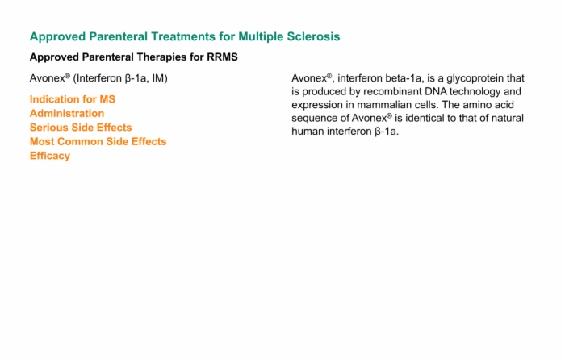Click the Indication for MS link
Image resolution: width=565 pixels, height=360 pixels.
(x=73, y=99)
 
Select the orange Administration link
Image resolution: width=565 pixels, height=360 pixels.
(x=67, y=113)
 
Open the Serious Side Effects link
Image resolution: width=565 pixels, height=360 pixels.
(x=81, y=128)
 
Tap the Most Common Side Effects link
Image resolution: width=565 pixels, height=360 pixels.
(x=98, y=141)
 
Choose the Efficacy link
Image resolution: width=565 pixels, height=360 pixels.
(x=50, y=156)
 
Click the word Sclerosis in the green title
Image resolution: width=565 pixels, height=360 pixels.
(x=313, y=36)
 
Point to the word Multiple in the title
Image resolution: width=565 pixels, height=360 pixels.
(x=261, y=37)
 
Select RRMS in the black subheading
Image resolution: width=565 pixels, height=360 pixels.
(x=222, y=57)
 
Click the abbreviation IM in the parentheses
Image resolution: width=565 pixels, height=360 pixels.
(x=158, y=78)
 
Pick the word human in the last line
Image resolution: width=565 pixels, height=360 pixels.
(x=308, y=132)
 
